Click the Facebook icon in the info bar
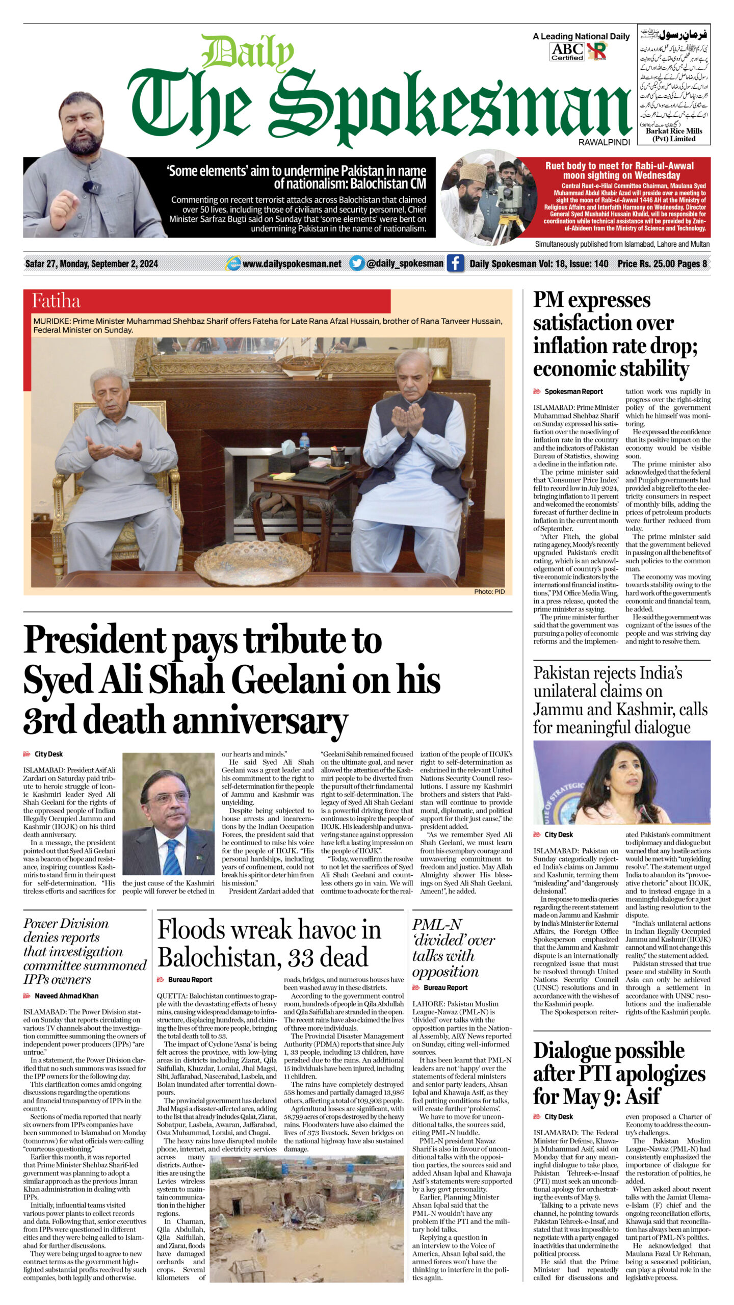455,264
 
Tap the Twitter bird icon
357,264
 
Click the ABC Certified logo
567,51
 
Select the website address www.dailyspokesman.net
292,264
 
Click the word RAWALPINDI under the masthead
604,143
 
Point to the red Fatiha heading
56,301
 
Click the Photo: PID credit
489,591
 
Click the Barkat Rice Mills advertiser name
673,131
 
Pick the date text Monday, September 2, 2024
109,264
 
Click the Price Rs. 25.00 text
645,264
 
